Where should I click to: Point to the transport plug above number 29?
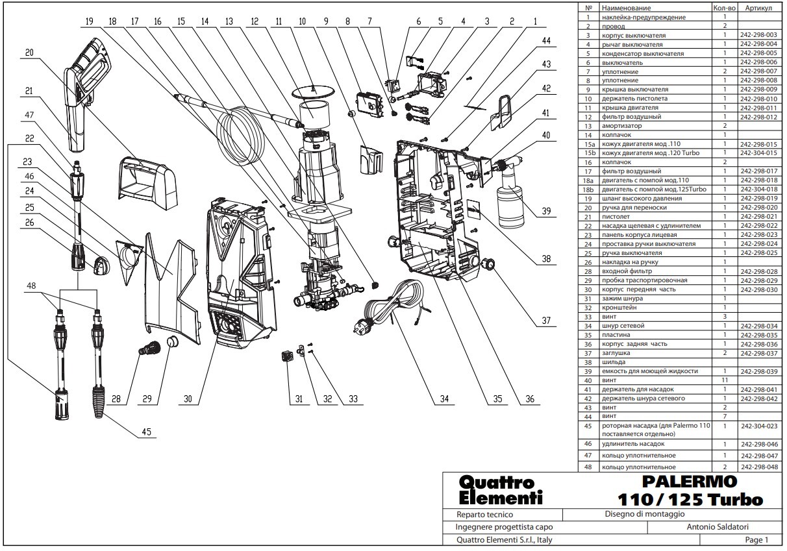172,342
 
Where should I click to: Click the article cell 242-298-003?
758,34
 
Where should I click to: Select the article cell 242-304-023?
758,426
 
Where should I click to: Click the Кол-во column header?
723,8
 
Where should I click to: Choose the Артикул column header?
758,8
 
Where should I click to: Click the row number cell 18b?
589,189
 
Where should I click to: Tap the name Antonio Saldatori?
721,527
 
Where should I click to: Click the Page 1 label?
756,540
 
